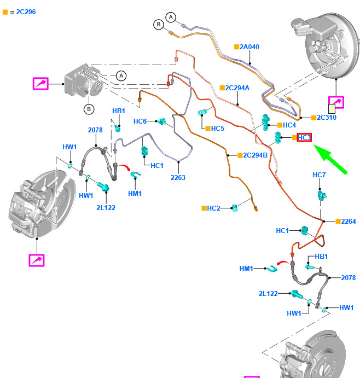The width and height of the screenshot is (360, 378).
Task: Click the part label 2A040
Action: coord(249,47)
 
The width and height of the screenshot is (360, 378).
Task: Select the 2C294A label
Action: coord(237,88)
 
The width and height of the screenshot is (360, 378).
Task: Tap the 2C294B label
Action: coord(255,155)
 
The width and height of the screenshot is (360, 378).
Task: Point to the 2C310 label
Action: coord(327,118)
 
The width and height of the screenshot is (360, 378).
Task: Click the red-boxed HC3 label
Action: coord(304,138)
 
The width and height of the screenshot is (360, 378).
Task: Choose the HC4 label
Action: coord(289,125)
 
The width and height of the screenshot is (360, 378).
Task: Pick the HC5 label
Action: coord(217,129)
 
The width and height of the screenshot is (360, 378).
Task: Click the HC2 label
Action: coord(213,208)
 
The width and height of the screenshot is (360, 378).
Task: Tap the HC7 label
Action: coord(319,175)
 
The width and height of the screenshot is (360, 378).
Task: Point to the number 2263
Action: coord(178,177)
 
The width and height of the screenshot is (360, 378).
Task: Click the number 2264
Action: coord(348,222)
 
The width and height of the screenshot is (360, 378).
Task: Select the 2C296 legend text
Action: coord(22,11)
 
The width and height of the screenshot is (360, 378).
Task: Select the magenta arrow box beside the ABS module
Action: coord(40,84)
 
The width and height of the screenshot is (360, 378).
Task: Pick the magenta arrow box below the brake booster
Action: coord(335,102)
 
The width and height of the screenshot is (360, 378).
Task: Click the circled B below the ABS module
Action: coord(89,109)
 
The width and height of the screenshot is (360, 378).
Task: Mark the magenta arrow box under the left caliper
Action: coord(37,260)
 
